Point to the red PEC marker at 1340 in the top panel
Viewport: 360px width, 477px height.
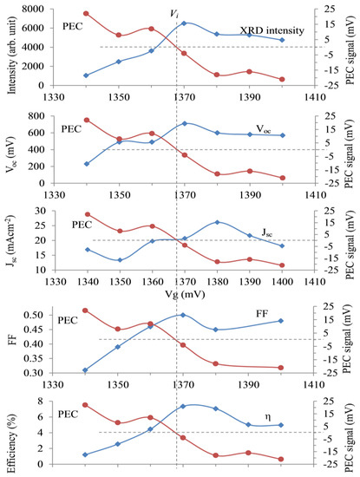pos(86,13)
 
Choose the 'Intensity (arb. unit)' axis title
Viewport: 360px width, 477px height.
pos(10,49)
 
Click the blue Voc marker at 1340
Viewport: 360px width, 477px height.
pos(86,164)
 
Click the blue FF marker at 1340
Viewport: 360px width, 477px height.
pos(86,370)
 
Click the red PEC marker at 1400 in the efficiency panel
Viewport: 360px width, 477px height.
pos(282,460)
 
